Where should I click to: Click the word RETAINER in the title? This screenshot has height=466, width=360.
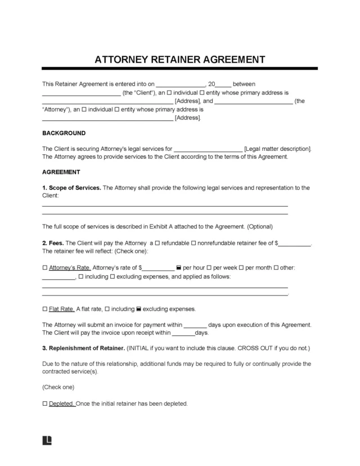[178, 59]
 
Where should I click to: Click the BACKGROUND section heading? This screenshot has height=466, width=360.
[64, 133]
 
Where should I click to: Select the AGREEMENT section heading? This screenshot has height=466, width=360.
[61, 172]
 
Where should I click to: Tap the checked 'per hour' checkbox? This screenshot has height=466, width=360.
[178, 267]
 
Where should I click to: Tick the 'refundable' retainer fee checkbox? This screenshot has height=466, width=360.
[157, 243]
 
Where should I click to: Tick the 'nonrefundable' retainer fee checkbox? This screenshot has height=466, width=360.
[194, 243]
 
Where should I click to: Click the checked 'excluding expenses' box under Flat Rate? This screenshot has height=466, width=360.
[139, 309]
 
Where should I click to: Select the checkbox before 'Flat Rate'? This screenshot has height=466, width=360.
[45, 309]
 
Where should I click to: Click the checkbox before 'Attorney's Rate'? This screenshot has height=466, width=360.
[45, 267]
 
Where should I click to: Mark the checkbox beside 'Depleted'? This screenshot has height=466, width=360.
[45, 404]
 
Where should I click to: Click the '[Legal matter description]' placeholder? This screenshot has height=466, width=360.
[277, 149]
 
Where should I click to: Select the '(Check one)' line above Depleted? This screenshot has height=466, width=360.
[58, 388]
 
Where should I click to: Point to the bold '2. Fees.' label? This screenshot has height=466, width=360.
[55, 243]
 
